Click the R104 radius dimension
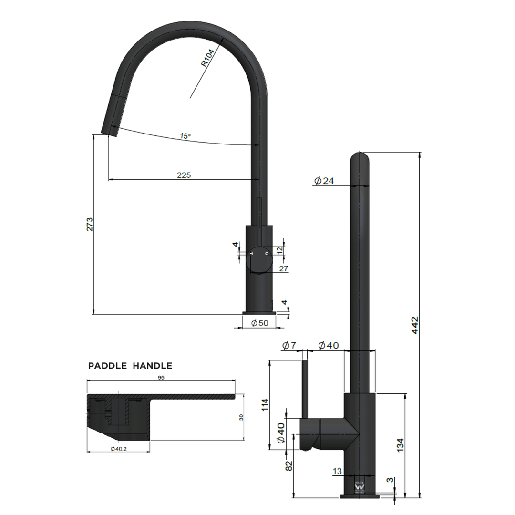click(207, 59)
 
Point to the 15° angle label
click(185, 136)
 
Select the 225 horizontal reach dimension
click(184, 175)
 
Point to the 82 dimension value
click(289, 466)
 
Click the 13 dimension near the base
click(337, 471)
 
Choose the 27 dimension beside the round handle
click(283, 269)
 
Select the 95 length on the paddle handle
click(161, 377)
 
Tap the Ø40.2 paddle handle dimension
click(118, 449)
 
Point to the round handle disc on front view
click(259, 260)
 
